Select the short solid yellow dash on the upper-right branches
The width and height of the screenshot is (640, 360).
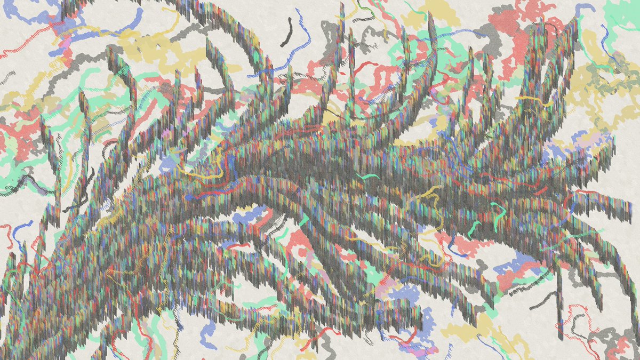click(533, 100)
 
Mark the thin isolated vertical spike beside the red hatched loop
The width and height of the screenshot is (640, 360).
click(560, 309)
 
